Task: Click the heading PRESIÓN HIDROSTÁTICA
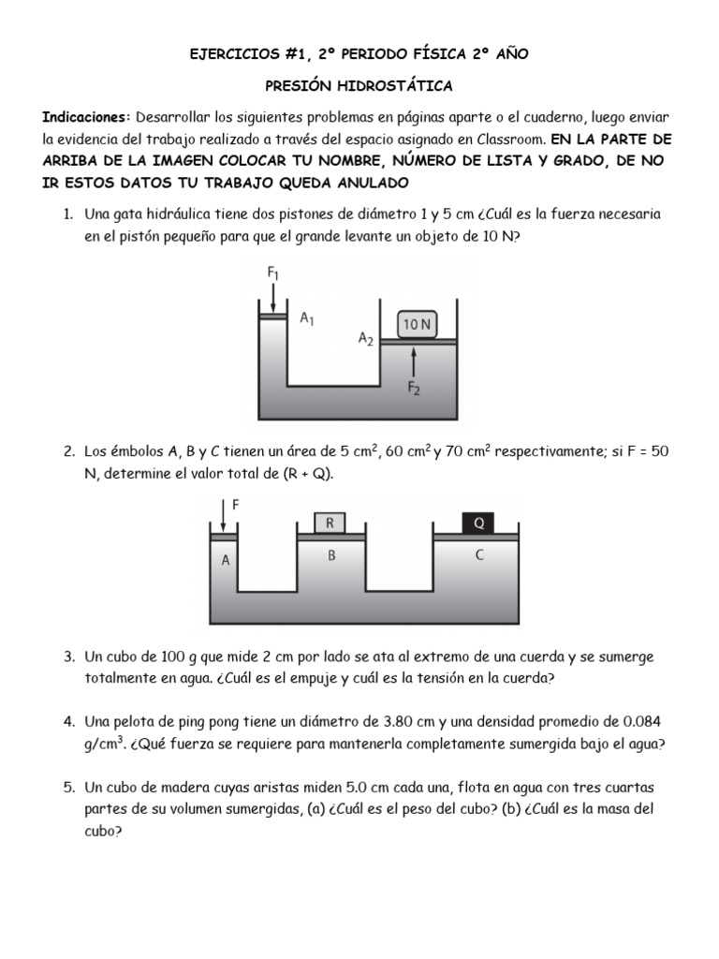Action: (x=359, y=86)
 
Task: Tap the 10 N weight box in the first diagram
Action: (x=417, y=324)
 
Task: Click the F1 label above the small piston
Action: (x=273, y=273)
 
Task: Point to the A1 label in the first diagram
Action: (x=307, y=318)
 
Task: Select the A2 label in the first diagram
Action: (x=366, y=340)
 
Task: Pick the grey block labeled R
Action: (x=330, y=522)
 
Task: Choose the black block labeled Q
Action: (x=479, y=522)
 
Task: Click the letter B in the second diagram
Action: (x=330, y=555)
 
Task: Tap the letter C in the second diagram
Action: (x=479, y=555)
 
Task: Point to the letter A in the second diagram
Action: (x=225, y=561)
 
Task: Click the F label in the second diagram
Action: (x=235, y=504)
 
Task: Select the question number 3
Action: (x=68, y=657)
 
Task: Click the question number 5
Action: (x=68, y=787)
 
